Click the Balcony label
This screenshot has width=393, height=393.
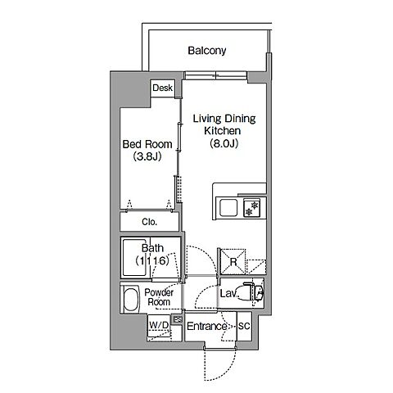pyautogui.click(x=207, y=51)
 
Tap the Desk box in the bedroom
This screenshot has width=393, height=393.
pyautogui.click(x=163, y=88)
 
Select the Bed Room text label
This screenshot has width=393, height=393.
pyautogui.click(x=147, y=144)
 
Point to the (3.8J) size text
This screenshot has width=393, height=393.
pyautogui.click(x=147, y=156)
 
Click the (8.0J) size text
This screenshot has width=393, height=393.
pyautogui.click(x=224, y=143)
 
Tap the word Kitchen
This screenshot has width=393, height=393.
pyautogui.click(x=223, y=131)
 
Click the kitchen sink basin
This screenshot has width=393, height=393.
pyautogui.click(x=228, y=208)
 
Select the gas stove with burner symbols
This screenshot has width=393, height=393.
pyautogui.click(x=251, y=208)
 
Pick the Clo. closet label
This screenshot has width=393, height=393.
pyautogui.click(x=150, y=222)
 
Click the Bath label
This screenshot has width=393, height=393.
pyautogui.click(x=152, y=248)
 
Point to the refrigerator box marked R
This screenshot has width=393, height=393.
pyautogui.click(x=233, y=262)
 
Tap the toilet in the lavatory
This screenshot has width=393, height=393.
pyautogui.click(x=250, y=293)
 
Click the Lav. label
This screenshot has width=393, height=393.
pyautogui.click(x=228, y=294)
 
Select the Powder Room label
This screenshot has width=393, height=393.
pyautogui.click(x=159, y=297)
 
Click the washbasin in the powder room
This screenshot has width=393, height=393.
pyautogui.click(x=131, y=299)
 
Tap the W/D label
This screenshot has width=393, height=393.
pyautogui.click(x=159, y=325)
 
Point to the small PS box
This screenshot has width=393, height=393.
pyautogui.click(x=178, y=318)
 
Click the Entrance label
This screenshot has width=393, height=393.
pyautogui.click(x=206, y=326)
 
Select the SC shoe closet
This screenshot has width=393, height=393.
pyautogui.click(x=244, y=326)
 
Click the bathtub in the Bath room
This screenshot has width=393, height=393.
pyautogui.click(x=136, y=258)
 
